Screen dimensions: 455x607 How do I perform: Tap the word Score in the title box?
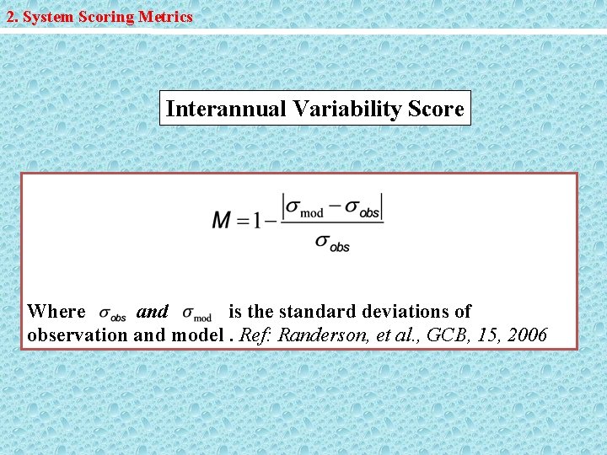pos(436,110)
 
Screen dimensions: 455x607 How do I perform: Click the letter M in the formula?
pos(222,221)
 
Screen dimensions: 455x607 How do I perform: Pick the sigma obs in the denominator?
pos(332,243)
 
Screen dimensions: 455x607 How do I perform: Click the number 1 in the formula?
pos(258,221)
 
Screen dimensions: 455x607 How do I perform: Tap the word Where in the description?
pos(56,312)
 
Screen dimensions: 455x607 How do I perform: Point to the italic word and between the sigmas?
pos(153,312)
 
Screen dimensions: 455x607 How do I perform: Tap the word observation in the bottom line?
pos(78,335)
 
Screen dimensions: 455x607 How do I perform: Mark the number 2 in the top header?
pos(11,17)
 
